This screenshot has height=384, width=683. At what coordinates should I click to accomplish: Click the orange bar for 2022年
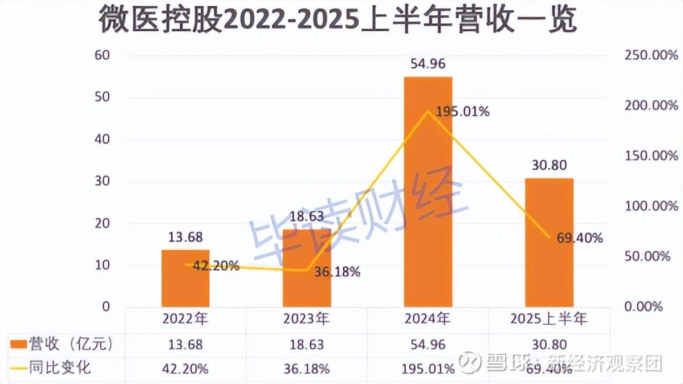(185, 279)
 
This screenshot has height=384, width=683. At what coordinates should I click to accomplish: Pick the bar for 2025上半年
(549, 242)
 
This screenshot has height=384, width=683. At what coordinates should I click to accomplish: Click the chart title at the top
(338, 22)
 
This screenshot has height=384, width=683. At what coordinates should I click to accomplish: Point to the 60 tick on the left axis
(101, 56)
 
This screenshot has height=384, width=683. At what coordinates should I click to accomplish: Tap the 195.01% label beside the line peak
(462, 112)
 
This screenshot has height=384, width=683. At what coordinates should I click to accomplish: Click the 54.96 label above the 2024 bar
(428, 63)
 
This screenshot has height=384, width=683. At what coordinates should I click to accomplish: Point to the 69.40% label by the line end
(579, 238)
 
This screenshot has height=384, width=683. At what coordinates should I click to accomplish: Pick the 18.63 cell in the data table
(307, 344)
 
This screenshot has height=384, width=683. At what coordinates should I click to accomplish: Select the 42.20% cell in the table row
(185, 368)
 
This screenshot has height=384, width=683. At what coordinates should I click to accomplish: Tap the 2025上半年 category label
(549, 319)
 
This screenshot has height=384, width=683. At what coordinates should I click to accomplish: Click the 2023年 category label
(307, 319)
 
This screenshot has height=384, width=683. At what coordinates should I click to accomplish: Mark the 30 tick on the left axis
(101, 181)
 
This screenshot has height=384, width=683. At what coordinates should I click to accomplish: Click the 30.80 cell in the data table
(549, 344)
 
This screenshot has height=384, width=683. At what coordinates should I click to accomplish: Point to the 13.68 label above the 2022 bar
(185, 236)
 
